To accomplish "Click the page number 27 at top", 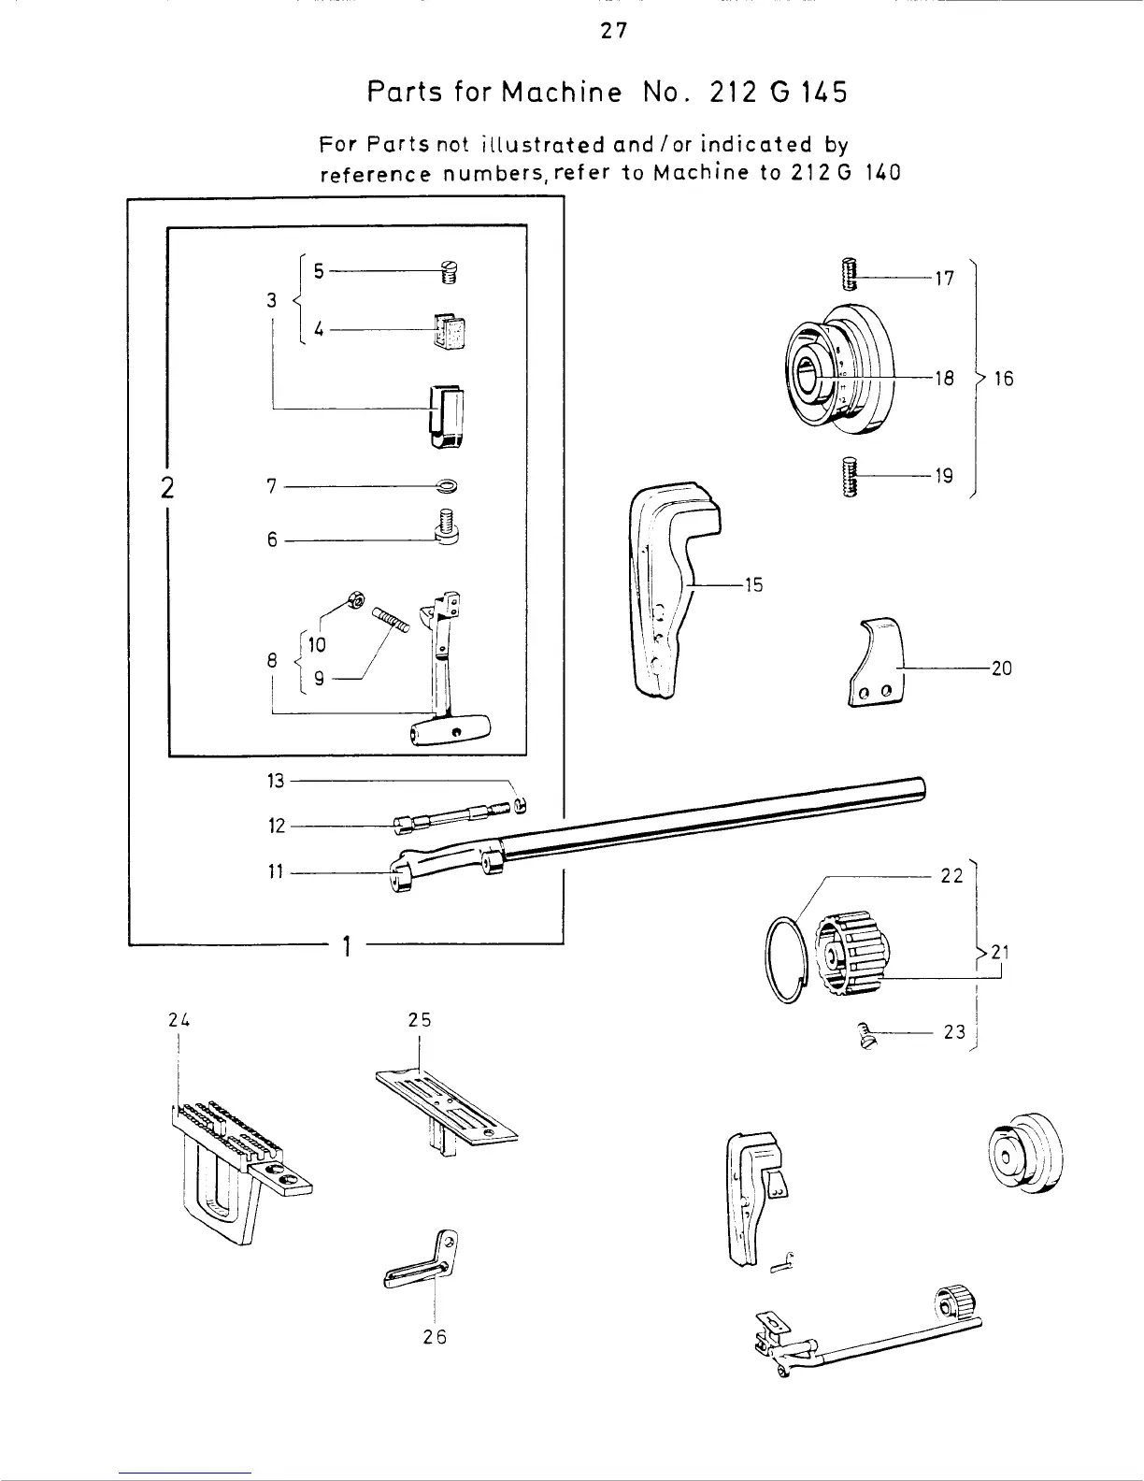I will (613, 32).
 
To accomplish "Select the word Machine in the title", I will (561, 93).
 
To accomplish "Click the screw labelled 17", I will (850, 274).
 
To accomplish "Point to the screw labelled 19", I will (850, 477).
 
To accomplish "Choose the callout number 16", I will (1004, 379).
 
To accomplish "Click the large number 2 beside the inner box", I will (167, 488).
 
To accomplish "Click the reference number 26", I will (435, 1337).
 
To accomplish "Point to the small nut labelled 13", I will (521, 805).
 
